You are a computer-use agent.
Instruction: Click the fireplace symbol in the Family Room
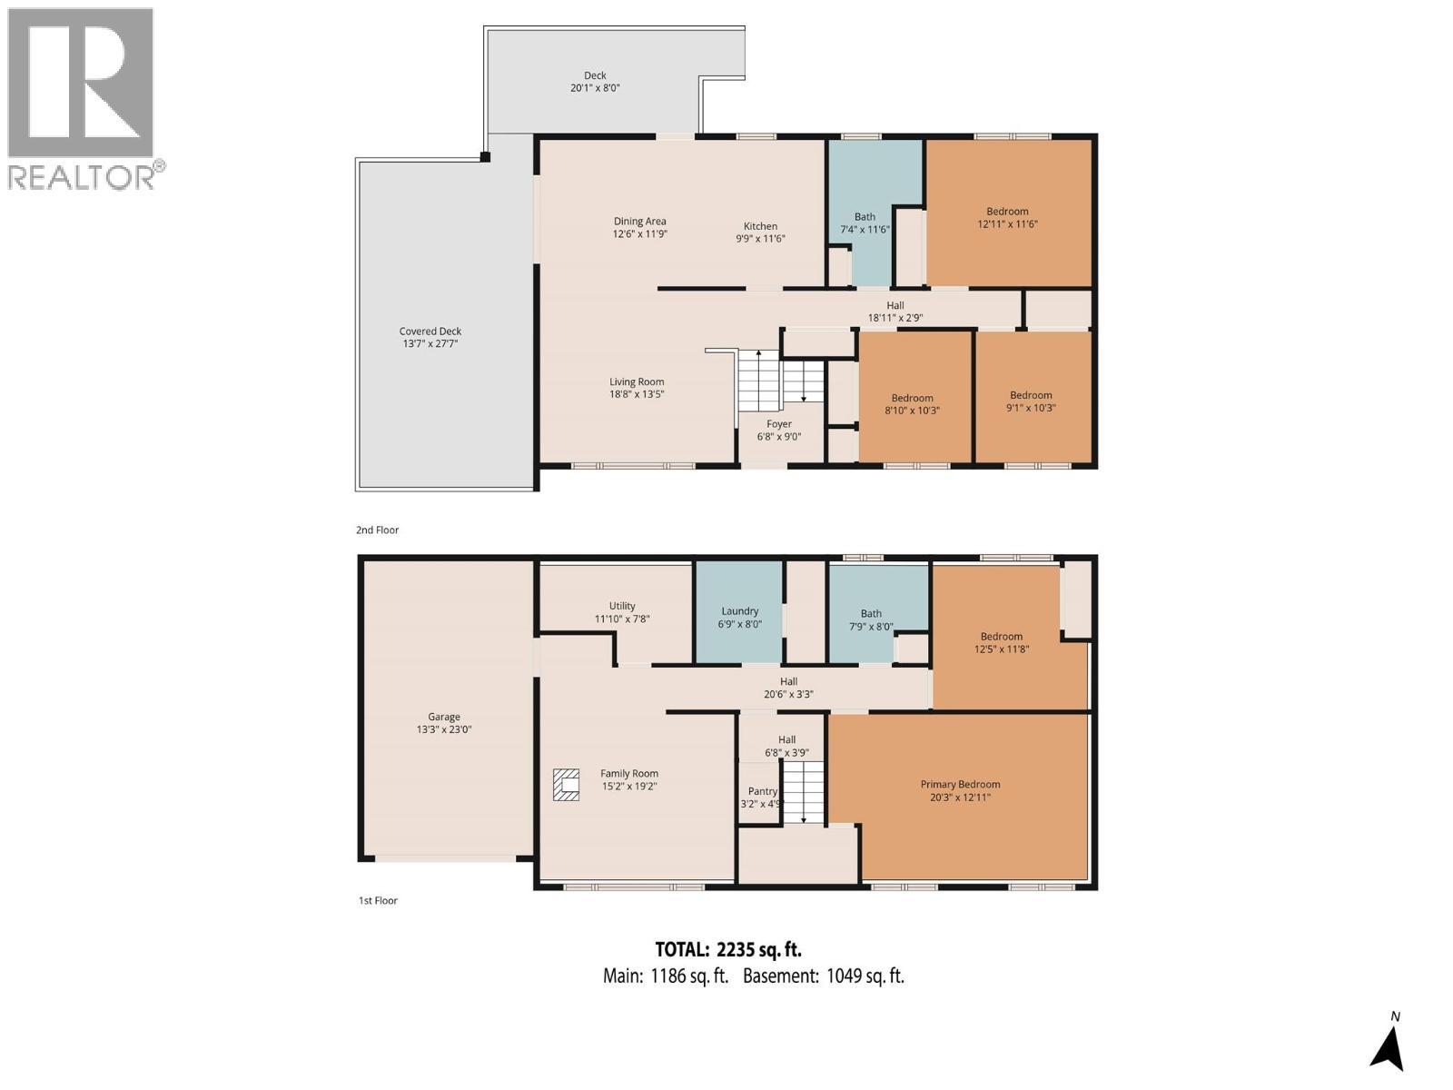click(x=567, y=785)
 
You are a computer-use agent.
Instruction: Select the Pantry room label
click(x=762, y=791)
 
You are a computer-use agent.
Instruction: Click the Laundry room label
click(x=740, y=611)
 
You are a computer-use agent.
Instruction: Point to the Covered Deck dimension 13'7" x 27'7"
click(x=430, y=344)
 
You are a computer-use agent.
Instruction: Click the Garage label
click(x=444, y=717)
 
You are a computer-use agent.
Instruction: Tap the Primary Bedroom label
click(x=960, y=784)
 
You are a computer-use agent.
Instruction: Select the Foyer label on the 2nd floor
click(x=778, y=424)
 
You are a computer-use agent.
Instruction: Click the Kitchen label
click(x=760, y=226)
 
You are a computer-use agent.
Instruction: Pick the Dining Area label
click(x=639, y=221)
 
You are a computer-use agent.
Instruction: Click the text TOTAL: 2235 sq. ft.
click(x=728, y=950)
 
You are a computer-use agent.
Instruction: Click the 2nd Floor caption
click(x=377, y=530)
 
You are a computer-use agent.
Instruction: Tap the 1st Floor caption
click(x=378, y=901)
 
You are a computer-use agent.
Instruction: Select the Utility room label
click(x=622, y=606)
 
